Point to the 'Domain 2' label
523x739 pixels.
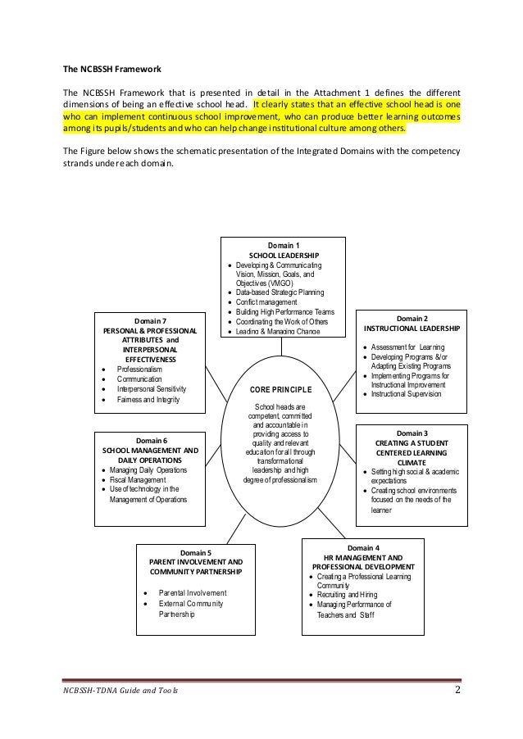412,318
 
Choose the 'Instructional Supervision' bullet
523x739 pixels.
406,394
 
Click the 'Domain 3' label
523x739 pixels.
412,433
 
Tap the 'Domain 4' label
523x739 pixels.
363,546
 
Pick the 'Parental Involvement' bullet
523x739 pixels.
193,592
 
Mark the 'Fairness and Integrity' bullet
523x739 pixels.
148,400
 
